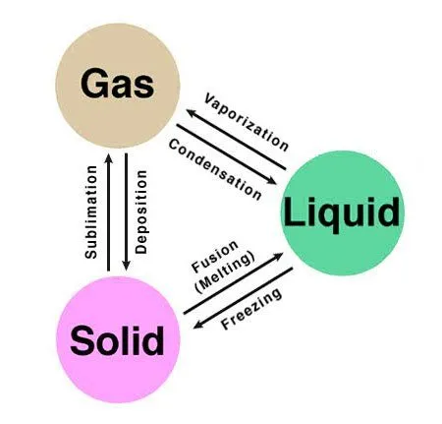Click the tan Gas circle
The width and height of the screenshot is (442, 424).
click(x=117, y=84)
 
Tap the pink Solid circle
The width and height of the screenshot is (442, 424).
click(x=117, y=340)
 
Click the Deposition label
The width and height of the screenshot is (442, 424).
click(x=142, y=212)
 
